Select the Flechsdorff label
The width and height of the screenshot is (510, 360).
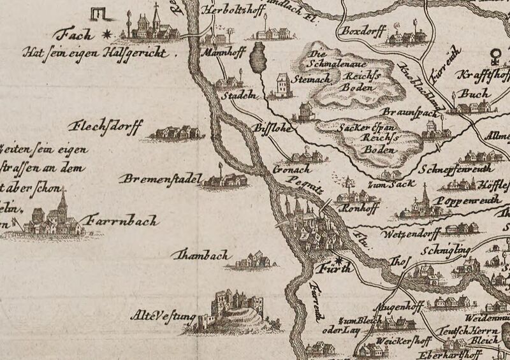[x=108, y=125]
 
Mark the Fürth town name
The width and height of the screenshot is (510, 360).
[x=334, y=268]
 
